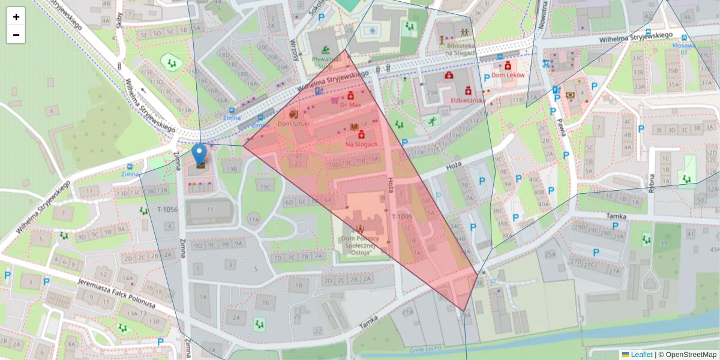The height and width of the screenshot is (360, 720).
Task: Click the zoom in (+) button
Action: click(x=16, y=17)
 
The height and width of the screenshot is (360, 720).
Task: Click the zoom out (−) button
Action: click(x=16, y=35)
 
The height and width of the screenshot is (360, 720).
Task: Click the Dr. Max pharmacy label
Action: click(x=350, y=105)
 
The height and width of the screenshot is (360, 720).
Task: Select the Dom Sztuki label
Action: click(x=293, y=123)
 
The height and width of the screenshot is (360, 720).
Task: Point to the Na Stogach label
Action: click(x=361, y=144)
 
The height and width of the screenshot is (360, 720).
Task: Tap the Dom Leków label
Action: click(x=508, y=75)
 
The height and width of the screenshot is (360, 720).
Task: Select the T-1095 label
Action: click(x=402, y=216)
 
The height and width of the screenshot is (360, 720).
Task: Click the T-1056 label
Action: click(x=167, y=209)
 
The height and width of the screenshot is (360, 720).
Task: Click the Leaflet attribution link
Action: click(x=641, y=355)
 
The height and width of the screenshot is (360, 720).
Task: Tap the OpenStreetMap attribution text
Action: click(x=687, y=355)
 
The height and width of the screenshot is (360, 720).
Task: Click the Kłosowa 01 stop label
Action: click(x=683, y=48)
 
